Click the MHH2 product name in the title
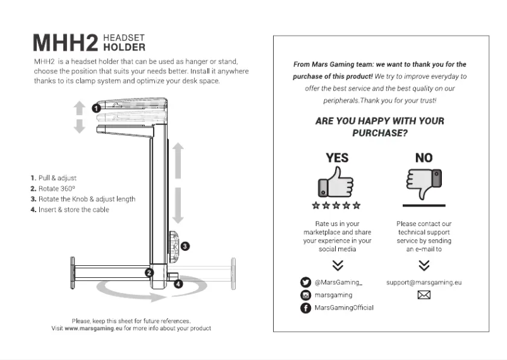(x=65, y=43)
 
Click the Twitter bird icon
(x=305, y=282)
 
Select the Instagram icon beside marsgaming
(x=305, y=295)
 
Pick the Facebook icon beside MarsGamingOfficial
(x=305, y=308)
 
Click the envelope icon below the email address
(x=424, y=295)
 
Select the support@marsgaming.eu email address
(x=424, y=282)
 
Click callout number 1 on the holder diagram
(x=96, y=108)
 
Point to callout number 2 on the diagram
(x=149, y=272)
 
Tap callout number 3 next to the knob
(x=185, y=245)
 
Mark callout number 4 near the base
(x=178, y=284)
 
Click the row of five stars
(x=336, y=205)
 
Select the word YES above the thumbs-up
(x=337, y=157)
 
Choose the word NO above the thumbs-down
(x=424, y=157)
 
